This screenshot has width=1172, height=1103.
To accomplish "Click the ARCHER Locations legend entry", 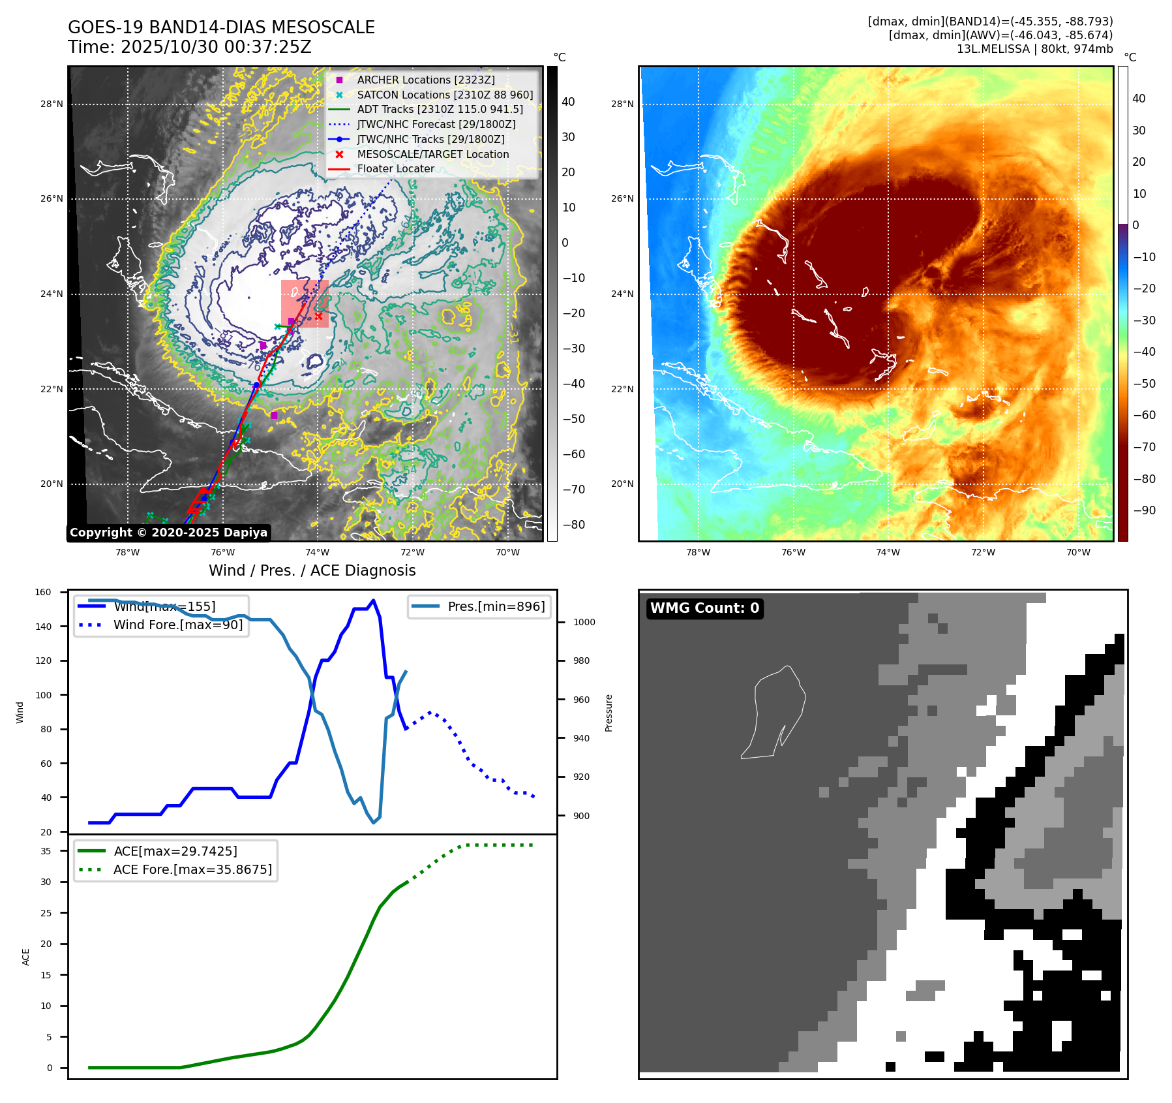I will coord(425,80).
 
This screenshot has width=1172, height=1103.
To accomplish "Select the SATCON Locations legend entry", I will coord(445,95).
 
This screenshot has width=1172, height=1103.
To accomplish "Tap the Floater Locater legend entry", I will coord(395,168).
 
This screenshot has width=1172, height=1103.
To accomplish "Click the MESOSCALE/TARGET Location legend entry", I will coord(432,154).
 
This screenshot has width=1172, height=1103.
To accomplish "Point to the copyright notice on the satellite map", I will coord(168,533).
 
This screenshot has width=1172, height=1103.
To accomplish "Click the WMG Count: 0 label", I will coord(704,608).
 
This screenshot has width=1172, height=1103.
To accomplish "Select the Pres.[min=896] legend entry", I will coord(496,606).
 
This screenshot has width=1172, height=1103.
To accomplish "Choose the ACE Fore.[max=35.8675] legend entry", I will coord(192,869).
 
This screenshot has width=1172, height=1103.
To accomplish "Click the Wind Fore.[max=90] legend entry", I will coord(177,625).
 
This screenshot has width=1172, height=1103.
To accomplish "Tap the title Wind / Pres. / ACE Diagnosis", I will coord(312,570).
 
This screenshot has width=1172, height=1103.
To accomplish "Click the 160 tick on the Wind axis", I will coord(43,593).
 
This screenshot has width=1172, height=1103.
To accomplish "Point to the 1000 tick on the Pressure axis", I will coord(584,622).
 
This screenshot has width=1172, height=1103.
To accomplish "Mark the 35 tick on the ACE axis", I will coord(46,851).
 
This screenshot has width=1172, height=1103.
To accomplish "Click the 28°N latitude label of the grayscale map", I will coord(52,104).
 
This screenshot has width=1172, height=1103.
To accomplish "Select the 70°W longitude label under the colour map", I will coord(1078,552).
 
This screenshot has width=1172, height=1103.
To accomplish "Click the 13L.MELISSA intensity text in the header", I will coord(1034,49).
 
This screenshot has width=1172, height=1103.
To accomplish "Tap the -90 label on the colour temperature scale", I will coord(1145,510).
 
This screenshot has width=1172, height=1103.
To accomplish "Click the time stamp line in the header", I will coord(190,47).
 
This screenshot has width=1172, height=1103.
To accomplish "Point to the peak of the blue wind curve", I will coord(373,600).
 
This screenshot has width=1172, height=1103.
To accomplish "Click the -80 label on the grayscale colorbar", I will coord(574,525).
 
